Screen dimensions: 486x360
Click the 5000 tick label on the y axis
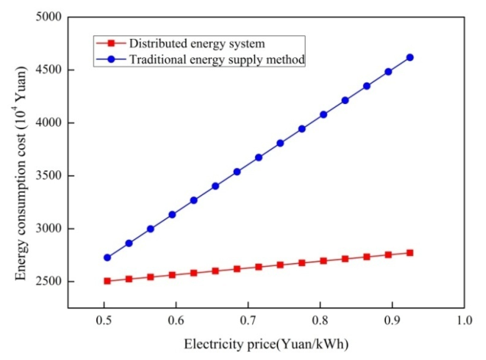[49, 17]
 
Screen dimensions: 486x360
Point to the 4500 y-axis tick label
[49, 70]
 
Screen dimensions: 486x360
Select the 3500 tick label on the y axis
[49, 176]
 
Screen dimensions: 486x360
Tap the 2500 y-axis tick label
[49, 281]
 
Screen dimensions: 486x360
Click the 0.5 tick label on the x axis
[104, 320]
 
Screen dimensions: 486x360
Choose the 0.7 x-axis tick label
[248, 320]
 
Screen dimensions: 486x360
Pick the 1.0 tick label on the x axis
[464, 320]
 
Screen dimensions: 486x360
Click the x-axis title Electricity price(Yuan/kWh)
[266, 345]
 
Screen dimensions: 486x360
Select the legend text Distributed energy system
[197, 44]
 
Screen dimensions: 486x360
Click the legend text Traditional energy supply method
[217, 59]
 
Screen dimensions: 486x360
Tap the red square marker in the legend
[111, 43]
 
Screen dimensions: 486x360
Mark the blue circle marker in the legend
[111, 59]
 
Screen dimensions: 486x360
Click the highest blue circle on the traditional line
[410, 57]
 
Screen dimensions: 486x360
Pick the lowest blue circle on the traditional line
[107, 258]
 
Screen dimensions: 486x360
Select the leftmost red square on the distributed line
[107, 281]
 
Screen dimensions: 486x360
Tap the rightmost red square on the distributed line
[410, 253]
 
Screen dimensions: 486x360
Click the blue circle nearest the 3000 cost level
[151, 229]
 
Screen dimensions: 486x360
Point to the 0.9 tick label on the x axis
[392, 320]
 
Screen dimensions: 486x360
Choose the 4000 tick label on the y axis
[49, 123]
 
